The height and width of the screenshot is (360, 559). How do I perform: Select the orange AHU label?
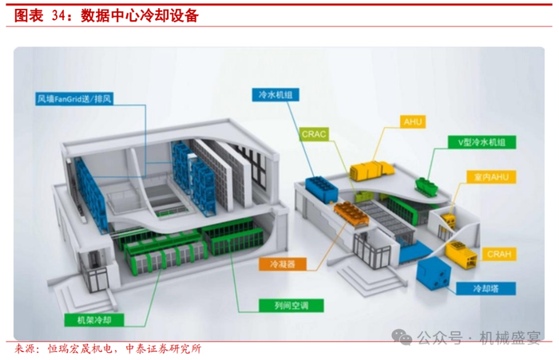414,122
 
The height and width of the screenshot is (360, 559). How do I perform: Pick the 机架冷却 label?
85,319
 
